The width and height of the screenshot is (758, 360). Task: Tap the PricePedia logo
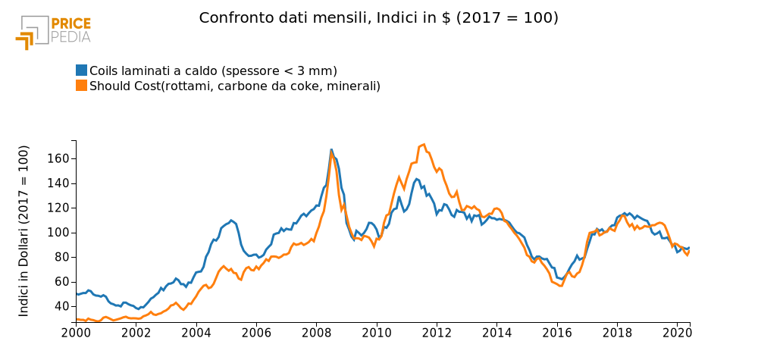point(53,30)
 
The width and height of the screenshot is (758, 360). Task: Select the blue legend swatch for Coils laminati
point(82,70)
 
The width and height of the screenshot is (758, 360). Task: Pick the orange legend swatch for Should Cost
point(82,86)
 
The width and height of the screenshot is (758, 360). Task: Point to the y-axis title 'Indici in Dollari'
point(24,230)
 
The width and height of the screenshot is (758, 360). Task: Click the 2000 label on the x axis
point(76,332)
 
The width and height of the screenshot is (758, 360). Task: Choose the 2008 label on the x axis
point(316,332)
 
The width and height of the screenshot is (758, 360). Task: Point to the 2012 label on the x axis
point(437,332)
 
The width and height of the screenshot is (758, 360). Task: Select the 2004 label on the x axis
point(196,332)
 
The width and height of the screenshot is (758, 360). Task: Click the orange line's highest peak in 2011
point(424,144)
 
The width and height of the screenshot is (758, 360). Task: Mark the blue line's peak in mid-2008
point(331,149)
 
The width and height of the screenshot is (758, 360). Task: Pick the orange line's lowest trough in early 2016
point(560,286)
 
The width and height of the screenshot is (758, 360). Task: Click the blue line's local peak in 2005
point(231,220)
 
